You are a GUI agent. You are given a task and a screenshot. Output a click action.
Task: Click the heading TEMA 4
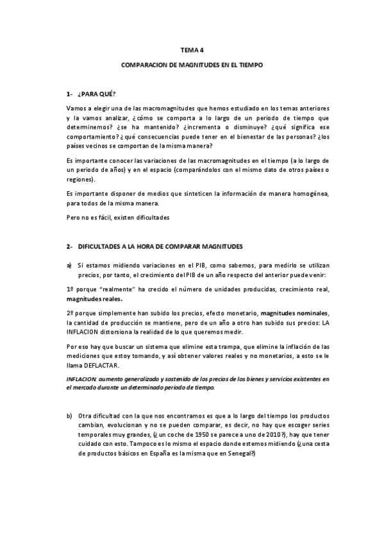pos(192,49)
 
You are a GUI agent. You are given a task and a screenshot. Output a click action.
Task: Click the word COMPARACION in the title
pos(142,65)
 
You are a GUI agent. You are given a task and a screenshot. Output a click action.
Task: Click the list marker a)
pos(69,264)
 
